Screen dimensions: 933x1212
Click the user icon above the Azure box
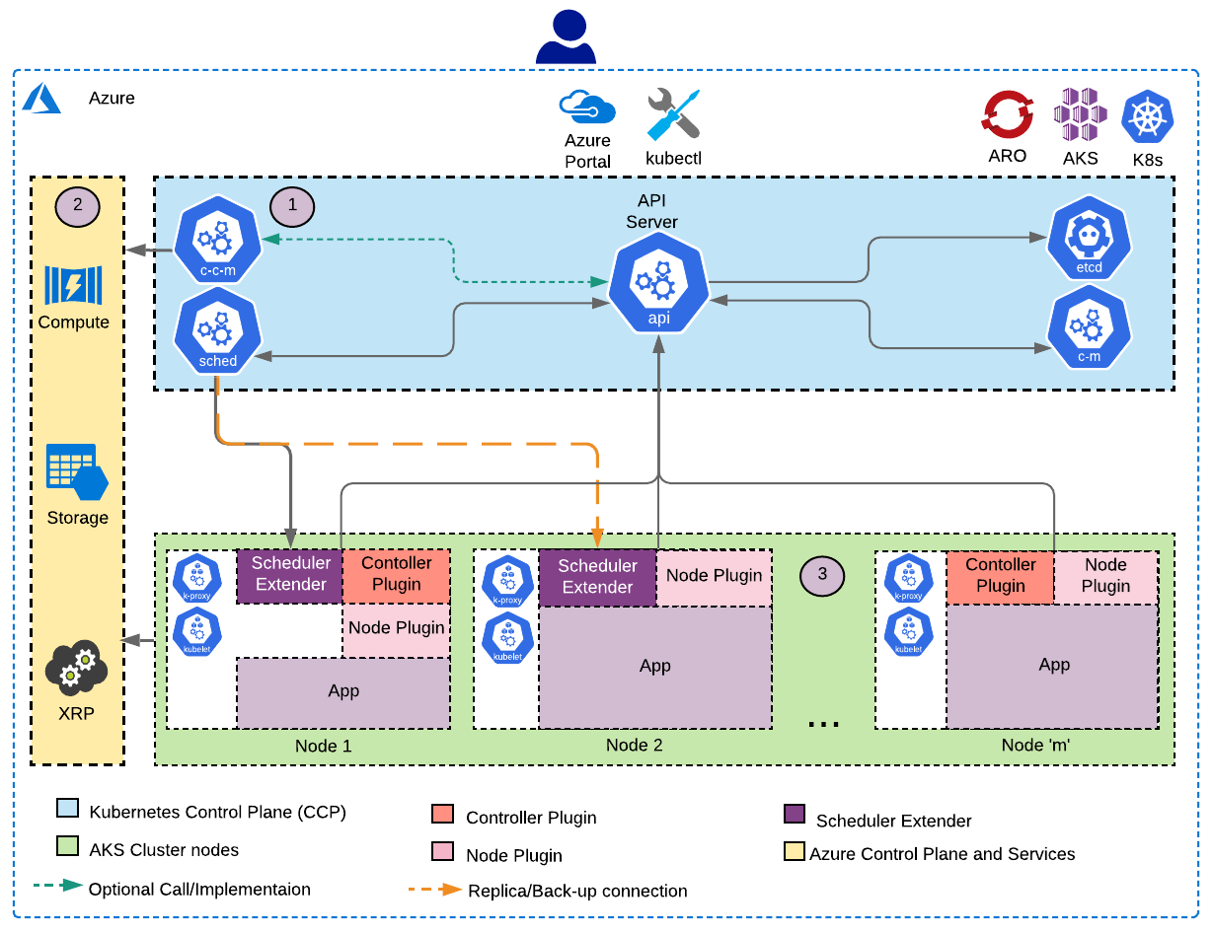tap(566, 36)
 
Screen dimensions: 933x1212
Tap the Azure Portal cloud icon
tap(587, 108)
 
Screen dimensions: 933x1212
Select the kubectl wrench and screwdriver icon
tap(673, 114)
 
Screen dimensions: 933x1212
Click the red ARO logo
tap(1007, 114)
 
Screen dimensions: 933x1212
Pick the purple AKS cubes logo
tap(1079, 114)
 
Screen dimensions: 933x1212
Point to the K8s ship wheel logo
tap(1147, 116)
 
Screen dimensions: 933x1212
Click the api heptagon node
tap(658, 287)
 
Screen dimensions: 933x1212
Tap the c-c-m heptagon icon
tap(217, 241)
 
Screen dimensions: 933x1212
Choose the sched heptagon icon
tap(217, 332)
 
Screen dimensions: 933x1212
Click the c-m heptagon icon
tap(1089, 327)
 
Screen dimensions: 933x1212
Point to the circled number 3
tap(823, 576)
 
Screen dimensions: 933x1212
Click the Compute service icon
tap(73, 285)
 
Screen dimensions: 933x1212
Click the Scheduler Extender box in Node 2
tap(597, 577)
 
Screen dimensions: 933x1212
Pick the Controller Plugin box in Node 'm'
tap(1000, 576)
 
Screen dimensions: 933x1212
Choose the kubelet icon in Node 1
tap(197, 632)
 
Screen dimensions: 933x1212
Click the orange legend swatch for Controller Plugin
tap(441, 815)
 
